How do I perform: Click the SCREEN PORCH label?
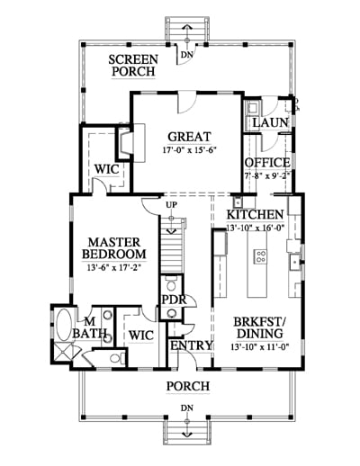[x=133, y=66]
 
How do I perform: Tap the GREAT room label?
[x=189, y=137]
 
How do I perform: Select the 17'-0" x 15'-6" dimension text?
[x=189, y=150]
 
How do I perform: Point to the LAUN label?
[x=270, y=122]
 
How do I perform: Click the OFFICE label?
[x=267, y=163]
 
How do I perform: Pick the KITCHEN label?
[x=255, y=215]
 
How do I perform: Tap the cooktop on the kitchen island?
[x=260, y=256]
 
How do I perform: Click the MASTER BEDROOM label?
[x=114, y=248]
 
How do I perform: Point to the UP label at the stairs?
[x=172, y=205]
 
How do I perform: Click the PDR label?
[x=174, y=300]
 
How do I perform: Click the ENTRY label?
[x=192, y=345]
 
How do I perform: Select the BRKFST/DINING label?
[x=260, y=327]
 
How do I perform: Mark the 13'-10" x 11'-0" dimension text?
[x=260, y=347]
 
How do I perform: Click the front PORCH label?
[x=188, y=386]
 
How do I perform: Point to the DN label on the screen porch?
[x=187, y=55]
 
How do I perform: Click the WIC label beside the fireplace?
[x=106, y=169]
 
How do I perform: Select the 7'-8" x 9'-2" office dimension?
[x=267, y=176]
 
